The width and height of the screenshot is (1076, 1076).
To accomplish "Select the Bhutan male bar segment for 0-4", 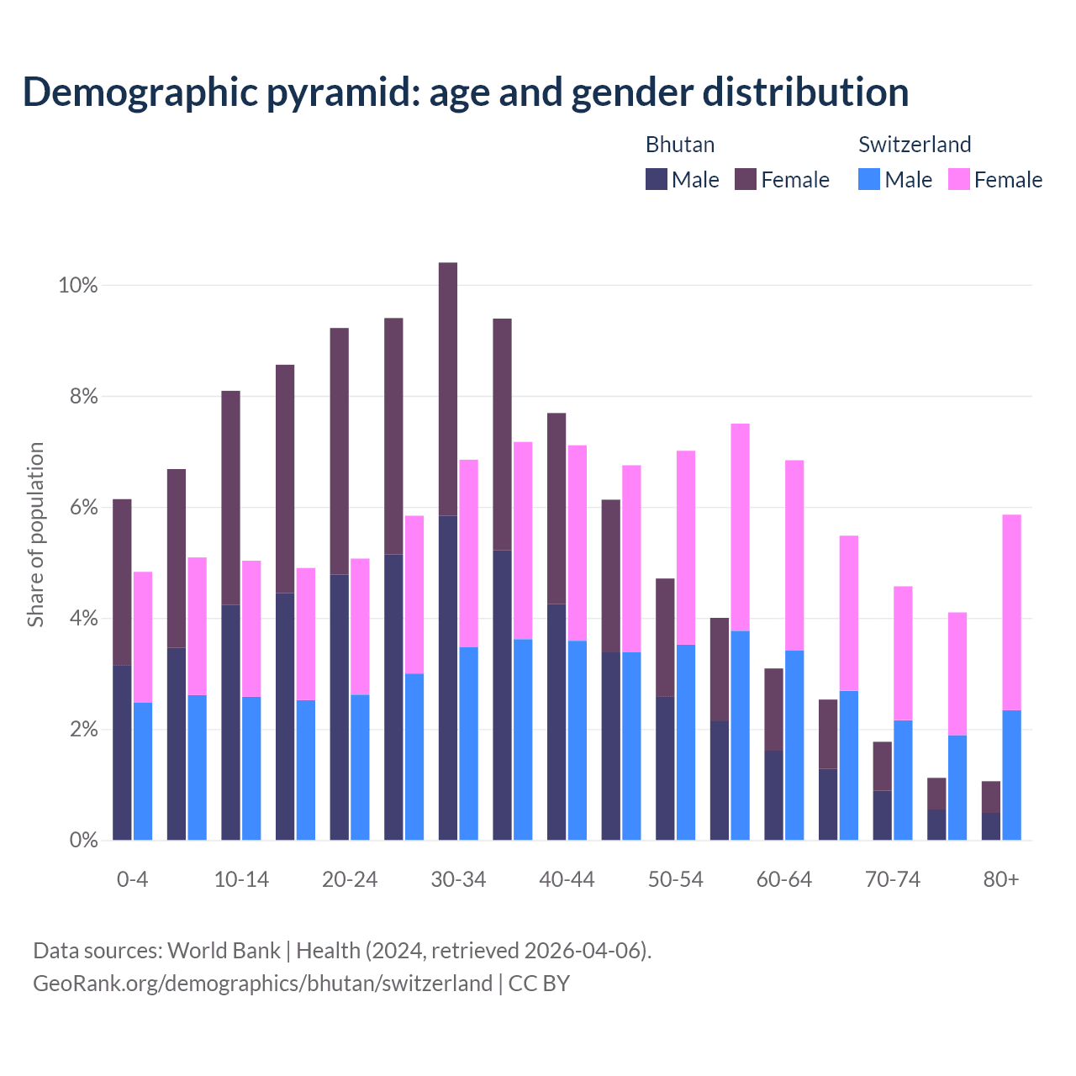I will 122,752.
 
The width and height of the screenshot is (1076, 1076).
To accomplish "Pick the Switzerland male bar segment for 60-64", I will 794,745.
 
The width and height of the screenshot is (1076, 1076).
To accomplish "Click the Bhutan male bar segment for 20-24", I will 339,707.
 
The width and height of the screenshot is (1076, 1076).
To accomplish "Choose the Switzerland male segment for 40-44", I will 578,740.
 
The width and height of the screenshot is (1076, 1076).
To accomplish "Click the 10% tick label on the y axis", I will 77,286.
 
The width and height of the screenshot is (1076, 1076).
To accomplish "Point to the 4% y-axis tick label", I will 82,619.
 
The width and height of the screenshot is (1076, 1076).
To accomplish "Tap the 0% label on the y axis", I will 82,841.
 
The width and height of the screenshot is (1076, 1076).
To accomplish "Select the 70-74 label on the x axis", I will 892,880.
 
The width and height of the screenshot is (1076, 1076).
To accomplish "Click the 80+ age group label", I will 1001,880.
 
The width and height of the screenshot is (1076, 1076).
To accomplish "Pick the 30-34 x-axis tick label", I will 458,880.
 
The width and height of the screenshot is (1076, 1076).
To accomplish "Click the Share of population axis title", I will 35,535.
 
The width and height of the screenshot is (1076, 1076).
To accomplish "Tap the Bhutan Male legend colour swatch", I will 657,179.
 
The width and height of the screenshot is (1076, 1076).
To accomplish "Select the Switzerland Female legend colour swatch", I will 959,179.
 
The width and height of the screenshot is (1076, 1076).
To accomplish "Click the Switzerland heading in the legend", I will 915,145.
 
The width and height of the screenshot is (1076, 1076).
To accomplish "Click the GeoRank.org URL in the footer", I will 262,983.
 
